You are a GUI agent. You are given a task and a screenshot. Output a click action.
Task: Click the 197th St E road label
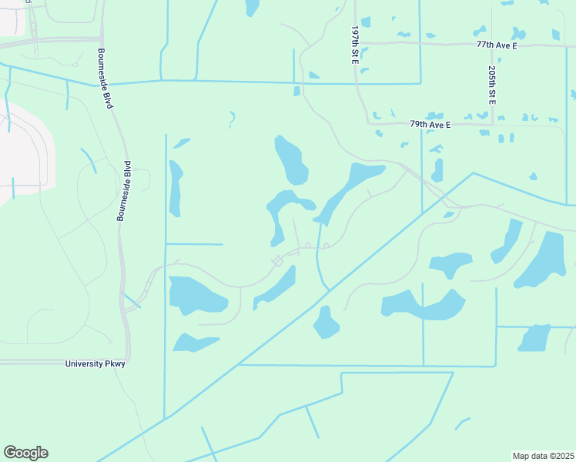355,44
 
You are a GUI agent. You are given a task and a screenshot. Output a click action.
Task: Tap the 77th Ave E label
497,45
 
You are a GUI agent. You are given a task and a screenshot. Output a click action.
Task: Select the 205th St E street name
491,85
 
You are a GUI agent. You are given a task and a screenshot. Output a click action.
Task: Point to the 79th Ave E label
430,123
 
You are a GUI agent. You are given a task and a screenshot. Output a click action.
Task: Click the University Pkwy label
95,363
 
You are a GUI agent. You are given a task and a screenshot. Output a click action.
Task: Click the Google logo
25,453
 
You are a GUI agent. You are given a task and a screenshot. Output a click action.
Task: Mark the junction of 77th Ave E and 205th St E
491,45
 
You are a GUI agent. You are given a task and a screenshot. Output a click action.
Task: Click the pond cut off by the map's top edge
251,7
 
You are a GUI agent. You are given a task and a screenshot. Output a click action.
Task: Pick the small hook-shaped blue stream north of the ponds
232,119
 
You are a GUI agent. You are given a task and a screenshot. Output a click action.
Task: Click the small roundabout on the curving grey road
277,262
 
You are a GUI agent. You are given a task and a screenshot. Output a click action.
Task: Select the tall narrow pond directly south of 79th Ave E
437,169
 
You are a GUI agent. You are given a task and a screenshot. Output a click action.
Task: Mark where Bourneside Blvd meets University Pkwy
127,360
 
